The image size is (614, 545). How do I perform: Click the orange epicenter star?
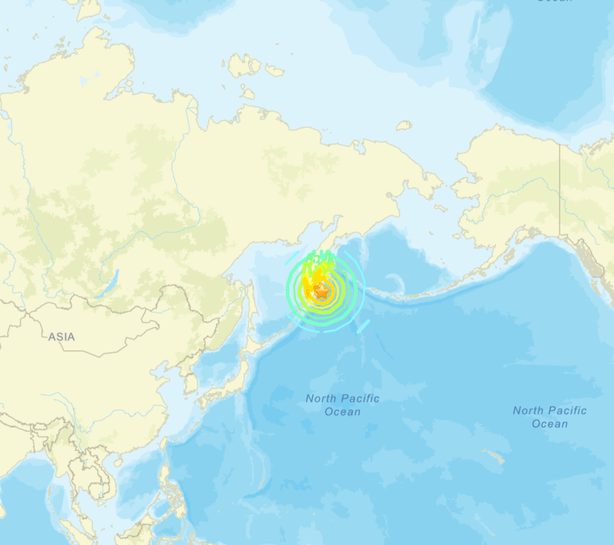[322, 290]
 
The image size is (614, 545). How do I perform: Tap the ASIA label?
[61, 337]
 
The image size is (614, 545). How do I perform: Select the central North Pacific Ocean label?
[342, 405]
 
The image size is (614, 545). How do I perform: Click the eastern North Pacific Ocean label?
[550, 417]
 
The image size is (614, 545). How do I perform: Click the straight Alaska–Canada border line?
[560, 190]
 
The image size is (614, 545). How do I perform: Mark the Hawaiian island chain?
[494, 458]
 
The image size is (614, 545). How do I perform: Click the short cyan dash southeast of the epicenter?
[363, 326]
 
